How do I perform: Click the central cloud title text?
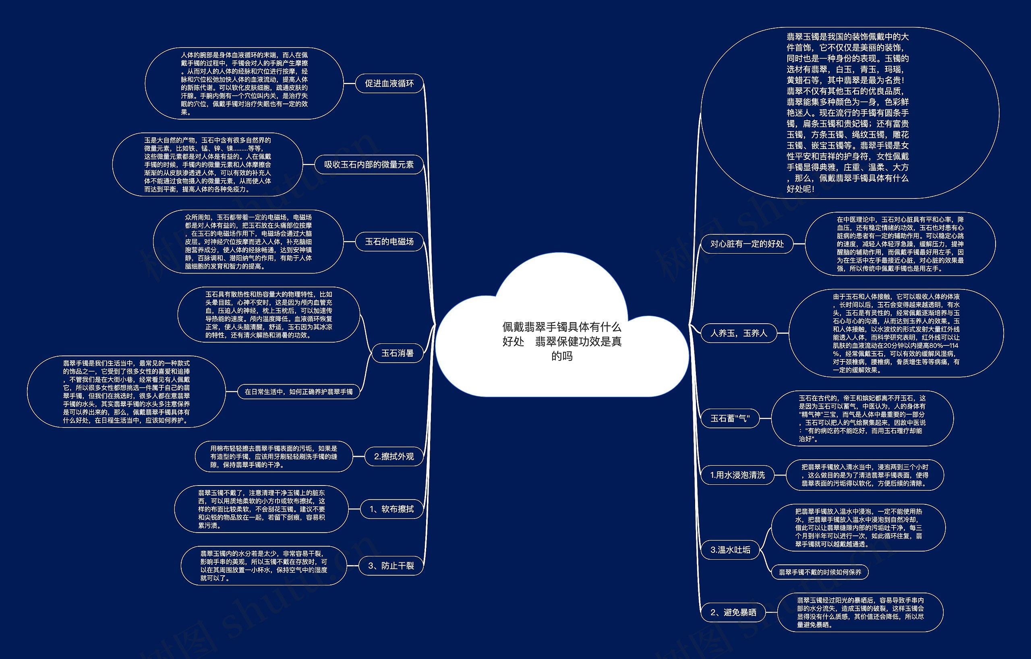[x=562, y=341]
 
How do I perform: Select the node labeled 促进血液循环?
[x=389, y=83]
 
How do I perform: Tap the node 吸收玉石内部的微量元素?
[x=369, y=164]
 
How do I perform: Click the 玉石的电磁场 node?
[x=389, y=242]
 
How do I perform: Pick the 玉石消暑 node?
[x=397, y=353]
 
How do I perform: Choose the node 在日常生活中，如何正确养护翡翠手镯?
[x=298, y=392]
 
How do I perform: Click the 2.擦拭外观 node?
[x=394, y=457]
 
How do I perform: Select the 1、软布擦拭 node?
[x=391, y=509]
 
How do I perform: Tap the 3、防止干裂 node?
[x=391, y=566]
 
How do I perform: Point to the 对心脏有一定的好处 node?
[x=747, y=244]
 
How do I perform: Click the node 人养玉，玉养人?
[x=739, y=333]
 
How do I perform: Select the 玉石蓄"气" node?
[x=730, y=418]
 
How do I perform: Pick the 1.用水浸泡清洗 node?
[x=737, y=475]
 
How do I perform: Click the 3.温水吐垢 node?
[x=730, y=550]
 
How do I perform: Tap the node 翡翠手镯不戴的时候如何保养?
[x=820, y=572]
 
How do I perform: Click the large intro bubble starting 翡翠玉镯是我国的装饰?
[x=850, y=113]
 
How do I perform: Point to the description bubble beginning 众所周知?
[x=248, y=242]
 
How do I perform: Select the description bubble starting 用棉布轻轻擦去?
[x=273, y=457]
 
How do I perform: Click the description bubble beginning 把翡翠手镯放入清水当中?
[x=865, y=475]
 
